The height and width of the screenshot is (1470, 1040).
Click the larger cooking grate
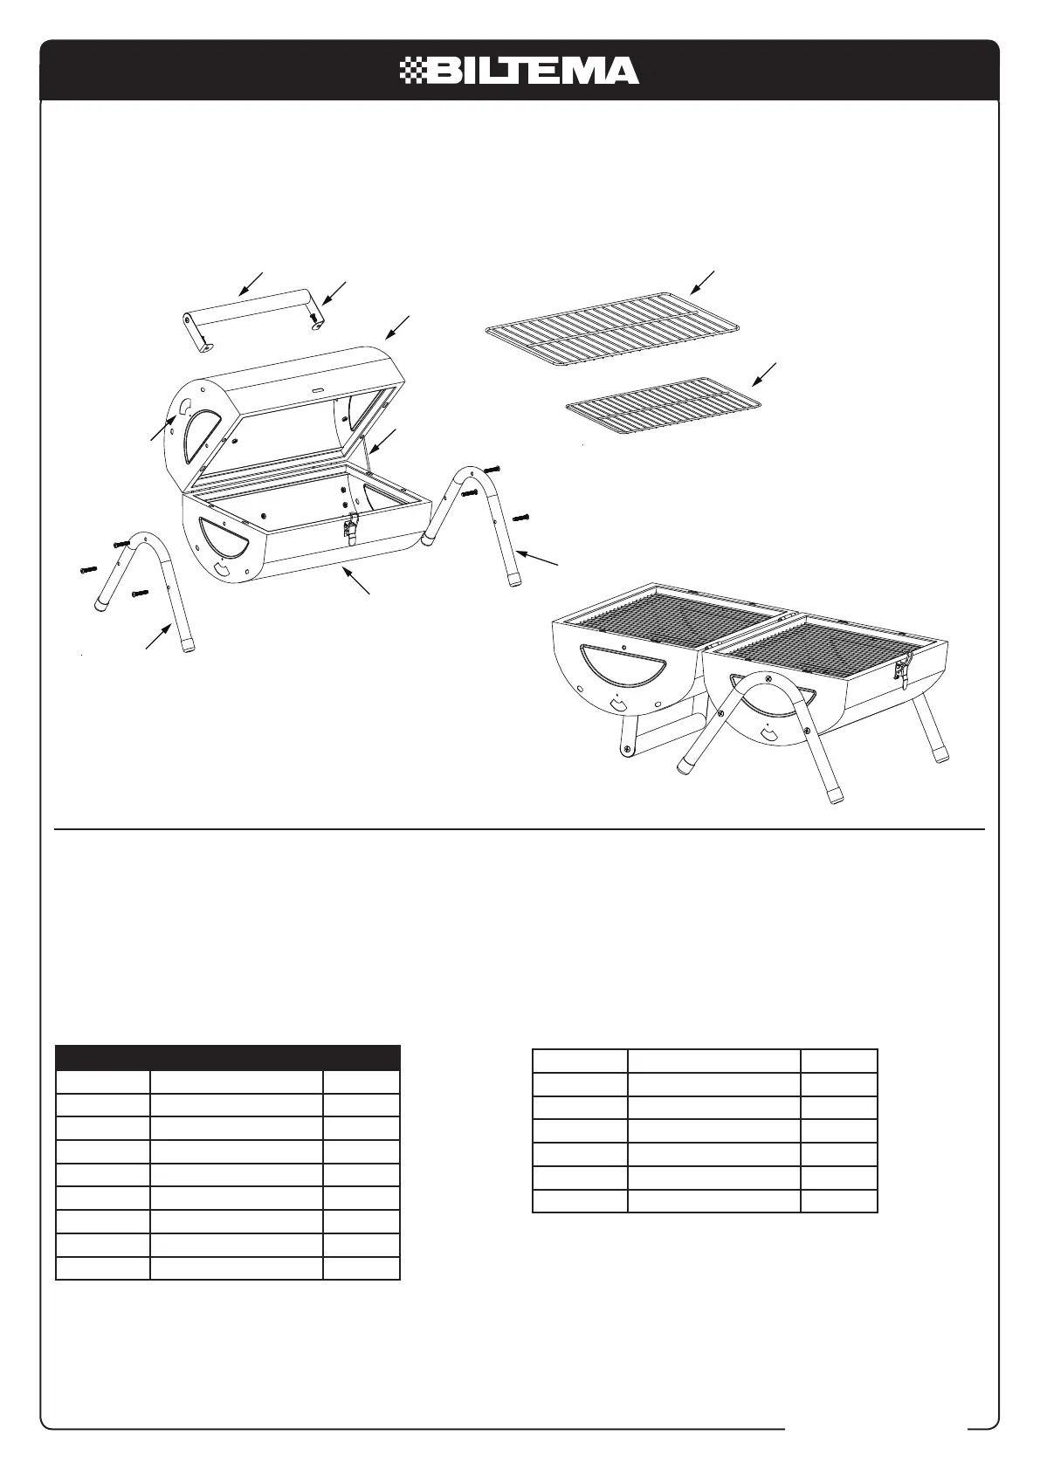(x=612, y=327)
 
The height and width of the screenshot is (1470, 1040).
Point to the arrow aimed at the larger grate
(x=702, y=283)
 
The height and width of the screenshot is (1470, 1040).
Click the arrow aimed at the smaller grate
(x=765, y=374)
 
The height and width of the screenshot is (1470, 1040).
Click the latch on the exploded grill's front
(x=353, y=526)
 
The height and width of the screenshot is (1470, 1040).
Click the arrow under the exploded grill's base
(x=358, y=581)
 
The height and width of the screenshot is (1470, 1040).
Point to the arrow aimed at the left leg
(x=158, y=635)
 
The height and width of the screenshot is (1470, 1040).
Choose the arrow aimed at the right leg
(x=537, y=560)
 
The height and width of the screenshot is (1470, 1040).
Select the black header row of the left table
(x=227, y=1058)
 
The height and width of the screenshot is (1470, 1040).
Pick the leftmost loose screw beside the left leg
(x=88, y=571)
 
